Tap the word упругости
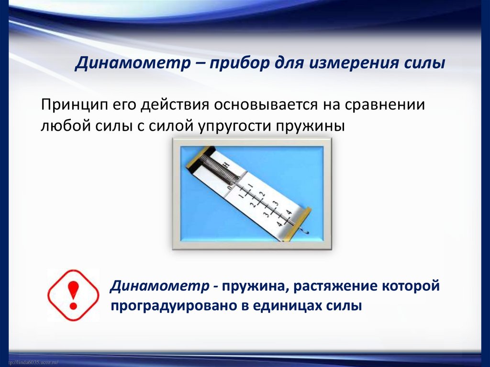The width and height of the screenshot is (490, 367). (226, 126)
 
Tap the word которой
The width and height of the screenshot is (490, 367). (410, 287)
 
